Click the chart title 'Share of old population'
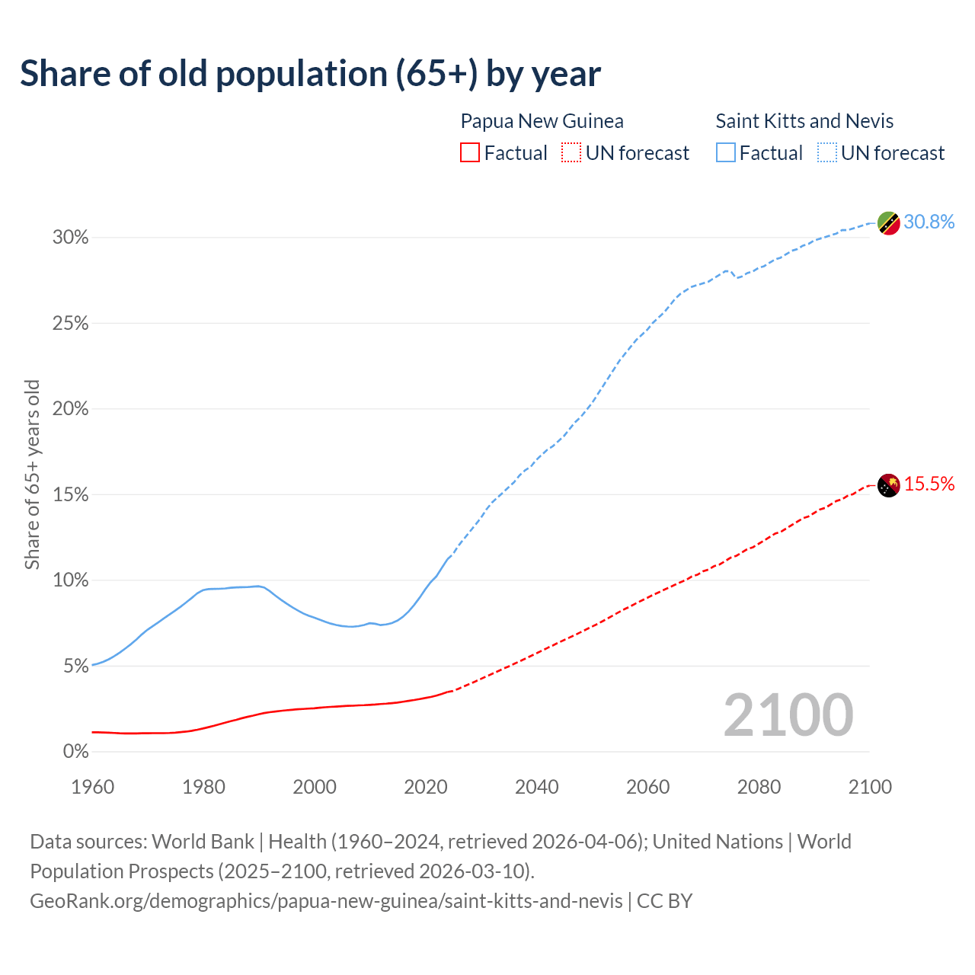click(x=310, y=74)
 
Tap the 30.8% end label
click(x=929, y=222)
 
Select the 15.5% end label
click(x=929, y=484)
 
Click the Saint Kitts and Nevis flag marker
click(x=888, y=222)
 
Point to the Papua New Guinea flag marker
click(x=888, y=484)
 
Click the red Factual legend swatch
click(x=470, y=153)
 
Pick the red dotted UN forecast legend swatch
click(x=571, y=153)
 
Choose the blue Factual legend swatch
click(x=725, y=153)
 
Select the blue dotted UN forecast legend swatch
click(x=826, y=153)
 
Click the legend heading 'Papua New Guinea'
click(x=542, y=121)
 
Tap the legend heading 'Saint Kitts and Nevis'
click(x=804, y=121)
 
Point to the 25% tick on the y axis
click(x=70, y=324)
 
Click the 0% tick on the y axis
click(x=75, y=752)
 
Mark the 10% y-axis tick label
click(x=70, y=580)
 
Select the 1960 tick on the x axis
click(x=92, y=787)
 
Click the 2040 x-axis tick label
click(x=536, y=787)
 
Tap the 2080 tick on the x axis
click(x=759, y=787)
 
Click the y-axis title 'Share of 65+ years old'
click(x=32, y=475)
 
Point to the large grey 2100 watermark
click(x=788, y=715)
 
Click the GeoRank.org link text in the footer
click(x=326, y=901)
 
